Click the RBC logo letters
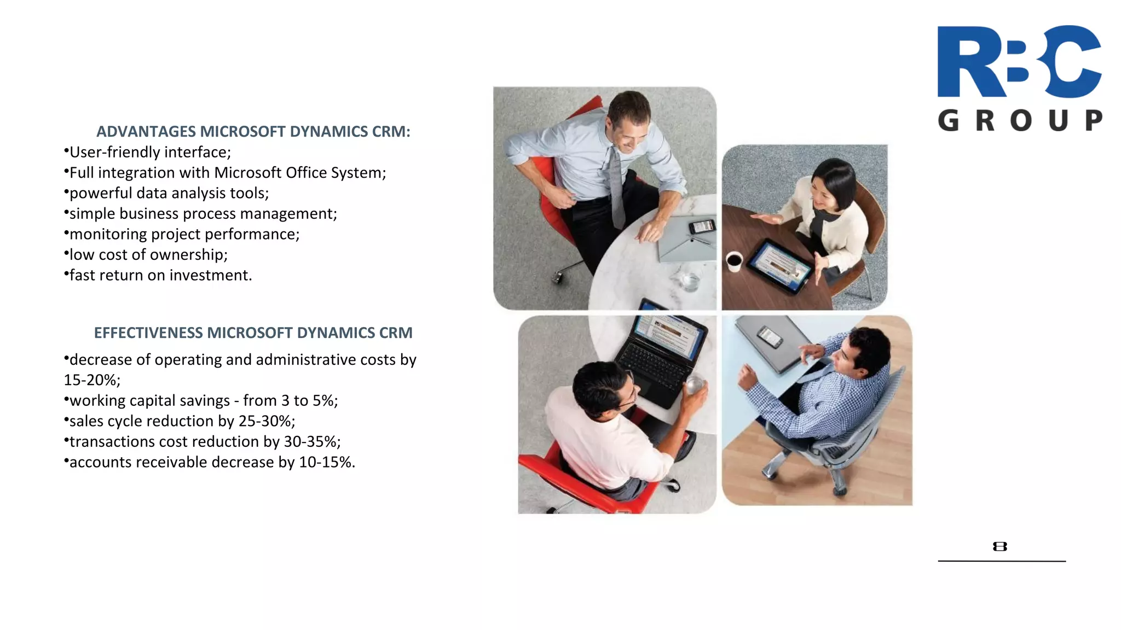coord(1019,61)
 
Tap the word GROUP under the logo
coord(1020,120)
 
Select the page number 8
coord(999,546)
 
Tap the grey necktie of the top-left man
coord(616,186)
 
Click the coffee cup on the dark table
coord(733,261)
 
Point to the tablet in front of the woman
coord(778,265)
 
